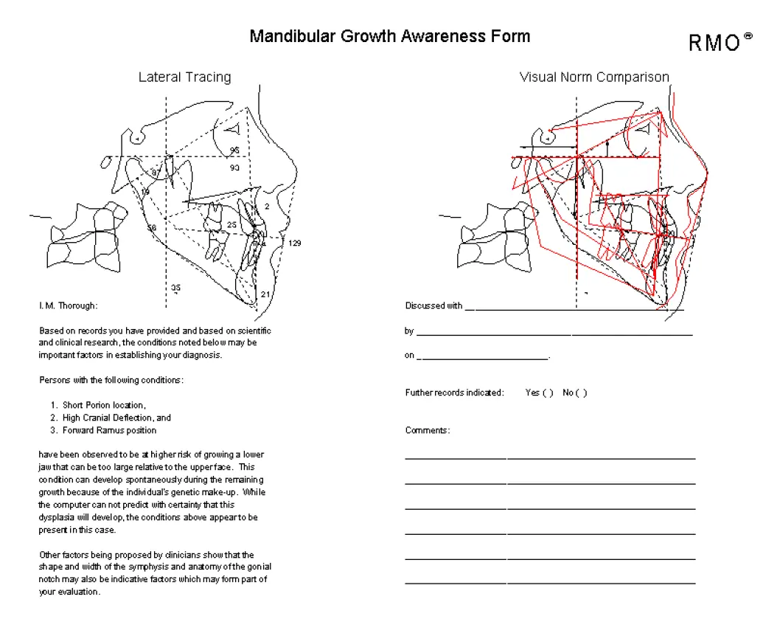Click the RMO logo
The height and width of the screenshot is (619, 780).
pos(720,42)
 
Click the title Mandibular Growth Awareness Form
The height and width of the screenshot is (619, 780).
pos(390,36)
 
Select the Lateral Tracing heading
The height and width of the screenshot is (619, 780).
pos(184,77)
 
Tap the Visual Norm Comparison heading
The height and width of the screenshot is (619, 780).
pos(594,77)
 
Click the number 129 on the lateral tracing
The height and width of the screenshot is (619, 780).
pos(294,243)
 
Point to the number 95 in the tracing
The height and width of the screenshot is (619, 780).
pos(234,150)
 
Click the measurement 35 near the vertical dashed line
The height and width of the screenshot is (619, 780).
pos(175,287)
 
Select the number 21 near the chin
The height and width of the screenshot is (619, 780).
pos(265,294)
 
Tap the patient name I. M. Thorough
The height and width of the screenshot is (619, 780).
pos(68,305)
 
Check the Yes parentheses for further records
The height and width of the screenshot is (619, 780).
pos(548,393)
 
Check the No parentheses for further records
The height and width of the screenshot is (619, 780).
pos(581,393)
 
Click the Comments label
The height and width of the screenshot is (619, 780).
pos(428,430)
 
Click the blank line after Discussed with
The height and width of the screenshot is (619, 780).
pos(574,310)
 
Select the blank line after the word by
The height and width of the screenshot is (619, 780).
pos(554,335)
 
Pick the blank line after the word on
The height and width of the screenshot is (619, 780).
pos(483,358)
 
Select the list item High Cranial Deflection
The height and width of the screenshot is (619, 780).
pos(109,418)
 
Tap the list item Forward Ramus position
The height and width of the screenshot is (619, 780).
pos(109,430)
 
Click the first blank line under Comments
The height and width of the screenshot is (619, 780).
pos(550,457)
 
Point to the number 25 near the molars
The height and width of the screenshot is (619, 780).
pos(231,224)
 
